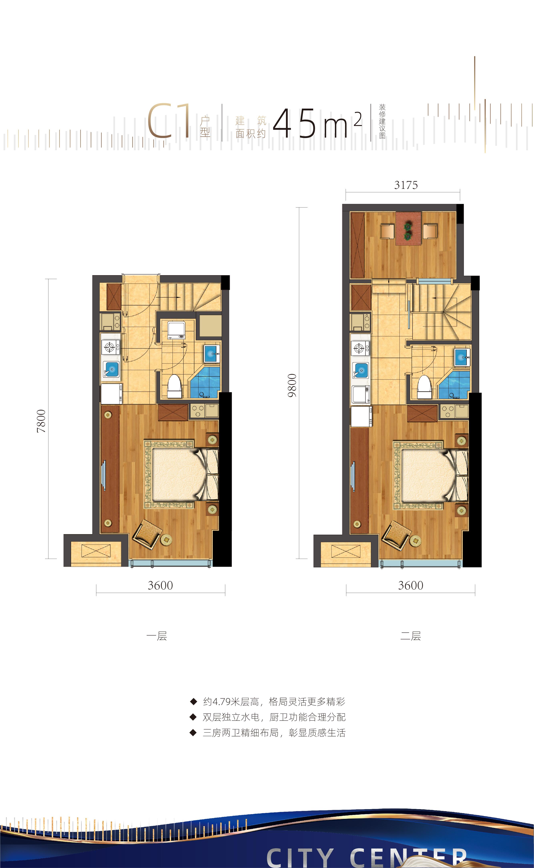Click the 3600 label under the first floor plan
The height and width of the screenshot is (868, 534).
pos(160,586)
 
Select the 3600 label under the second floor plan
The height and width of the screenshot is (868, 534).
pos(410,586)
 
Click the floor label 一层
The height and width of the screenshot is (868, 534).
pos(157,636)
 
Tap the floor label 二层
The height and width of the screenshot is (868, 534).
pos(410,636)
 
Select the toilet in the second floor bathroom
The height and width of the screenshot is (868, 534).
pos(424,387)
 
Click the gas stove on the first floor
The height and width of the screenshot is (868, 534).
pos(110,347)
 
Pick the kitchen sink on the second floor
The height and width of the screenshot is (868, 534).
pos(360,370)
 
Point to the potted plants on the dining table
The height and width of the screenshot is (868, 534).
pos(408,231)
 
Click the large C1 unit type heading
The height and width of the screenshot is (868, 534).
pos(169,121)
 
